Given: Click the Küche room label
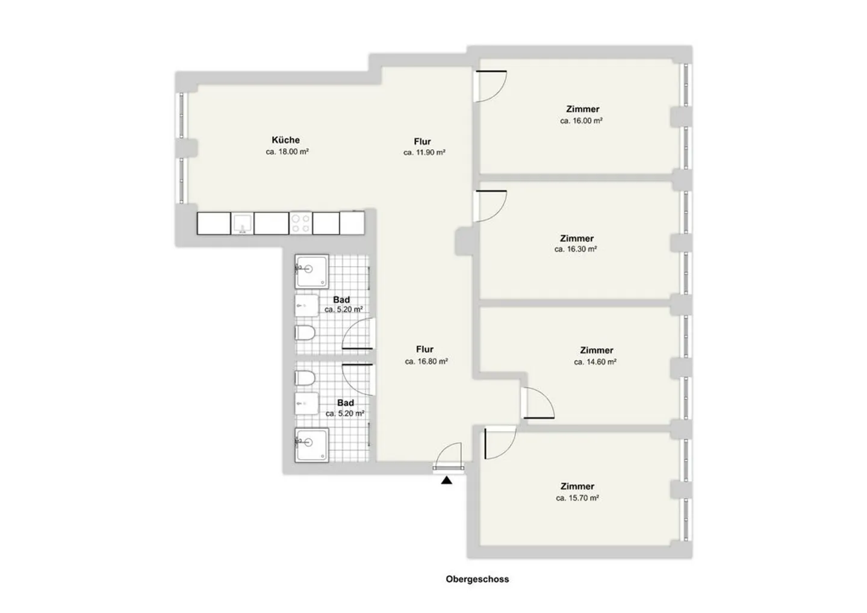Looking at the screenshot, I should [285, 140].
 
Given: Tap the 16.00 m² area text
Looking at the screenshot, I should [582, 121].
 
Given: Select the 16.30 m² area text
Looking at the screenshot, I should [576, 249].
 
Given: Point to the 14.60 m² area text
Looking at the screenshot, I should [595, 363].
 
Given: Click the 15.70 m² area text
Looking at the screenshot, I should [577, 499].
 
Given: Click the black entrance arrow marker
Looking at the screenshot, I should [446, 481].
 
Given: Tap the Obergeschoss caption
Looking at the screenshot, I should [477, 579].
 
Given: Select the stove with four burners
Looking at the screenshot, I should [301, 223].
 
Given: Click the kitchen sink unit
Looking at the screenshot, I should [243, 223].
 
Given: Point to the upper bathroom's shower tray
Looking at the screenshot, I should [312, 272].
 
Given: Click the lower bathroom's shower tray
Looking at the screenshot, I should [312, 445].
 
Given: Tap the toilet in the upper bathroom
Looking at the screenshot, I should [305, 332].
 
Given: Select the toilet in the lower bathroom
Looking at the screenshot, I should [305, 378].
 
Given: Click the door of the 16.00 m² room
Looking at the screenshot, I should [491, 86].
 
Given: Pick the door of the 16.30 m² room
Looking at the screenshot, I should [491, 206].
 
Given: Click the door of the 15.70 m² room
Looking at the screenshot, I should [499, 443].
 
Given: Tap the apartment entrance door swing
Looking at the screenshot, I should [449, 455].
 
